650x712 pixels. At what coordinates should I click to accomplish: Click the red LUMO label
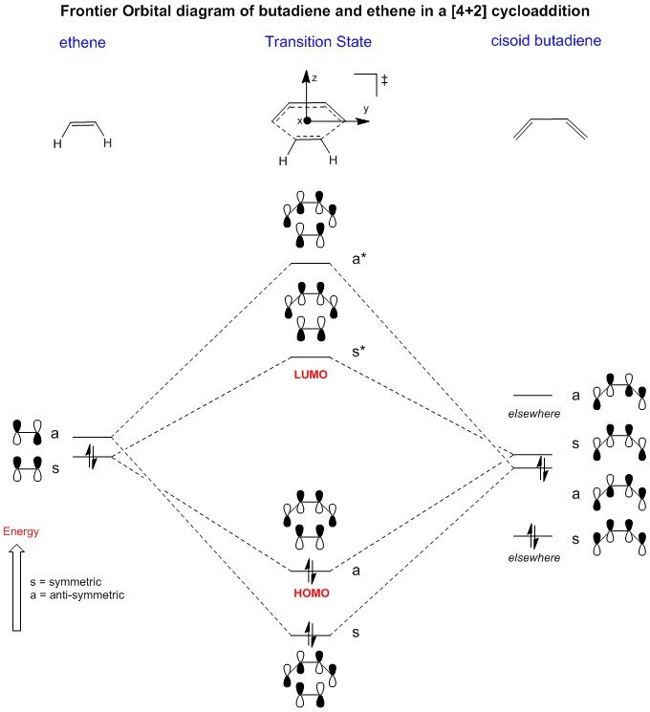[310, 375]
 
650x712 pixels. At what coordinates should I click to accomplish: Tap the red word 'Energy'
[22, 531]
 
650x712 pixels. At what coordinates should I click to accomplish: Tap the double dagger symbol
[384, 81]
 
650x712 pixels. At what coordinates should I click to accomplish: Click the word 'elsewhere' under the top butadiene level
[534, 413]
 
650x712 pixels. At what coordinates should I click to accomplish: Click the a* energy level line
[310, 264]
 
